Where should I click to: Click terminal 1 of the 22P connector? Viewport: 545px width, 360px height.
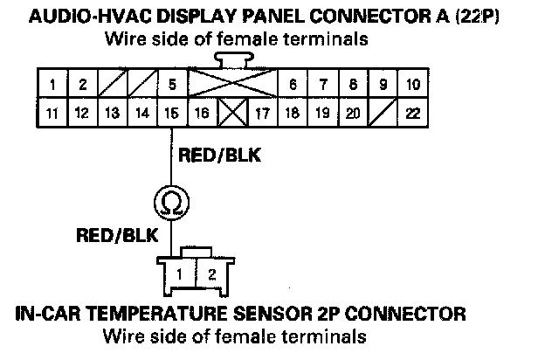coord(53,85)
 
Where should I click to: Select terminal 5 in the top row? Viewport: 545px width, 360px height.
coord(173,85)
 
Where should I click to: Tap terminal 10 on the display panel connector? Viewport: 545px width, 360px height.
coord(413,85)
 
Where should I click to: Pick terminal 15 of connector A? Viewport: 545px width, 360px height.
coord(172,113)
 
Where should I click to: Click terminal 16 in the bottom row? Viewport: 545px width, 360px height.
coord(201,113)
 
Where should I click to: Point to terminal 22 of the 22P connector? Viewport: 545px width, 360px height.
coord(413,113)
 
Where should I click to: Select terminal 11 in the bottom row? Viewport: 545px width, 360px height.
coord(53,113)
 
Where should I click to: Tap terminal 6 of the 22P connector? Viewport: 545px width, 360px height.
coord(293,85)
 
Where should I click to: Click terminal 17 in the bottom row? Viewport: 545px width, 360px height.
coord(261,113)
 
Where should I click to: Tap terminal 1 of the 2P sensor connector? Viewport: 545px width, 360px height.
coord(178,273)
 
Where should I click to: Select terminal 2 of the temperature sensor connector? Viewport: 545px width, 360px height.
coord(210,273)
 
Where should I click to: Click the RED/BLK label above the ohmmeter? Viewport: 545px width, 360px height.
coord(219,156)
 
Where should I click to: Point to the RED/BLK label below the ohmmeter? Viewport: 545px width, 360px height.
coord(117,235)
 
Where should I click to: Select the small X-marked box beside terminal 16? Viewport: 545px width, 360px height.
coord(231,113)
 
